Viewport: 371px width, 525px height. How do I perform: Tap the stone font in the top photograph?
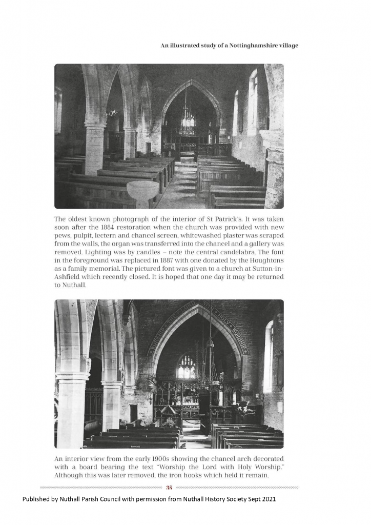click(142, 191)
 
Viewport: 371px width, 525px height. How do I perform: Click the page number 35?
click(169, 487)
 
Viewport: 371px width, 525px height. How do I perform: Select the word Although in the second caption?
click(70, 475)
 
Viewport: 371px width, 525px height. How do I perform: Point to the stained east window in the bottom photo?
click(187, 367)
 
